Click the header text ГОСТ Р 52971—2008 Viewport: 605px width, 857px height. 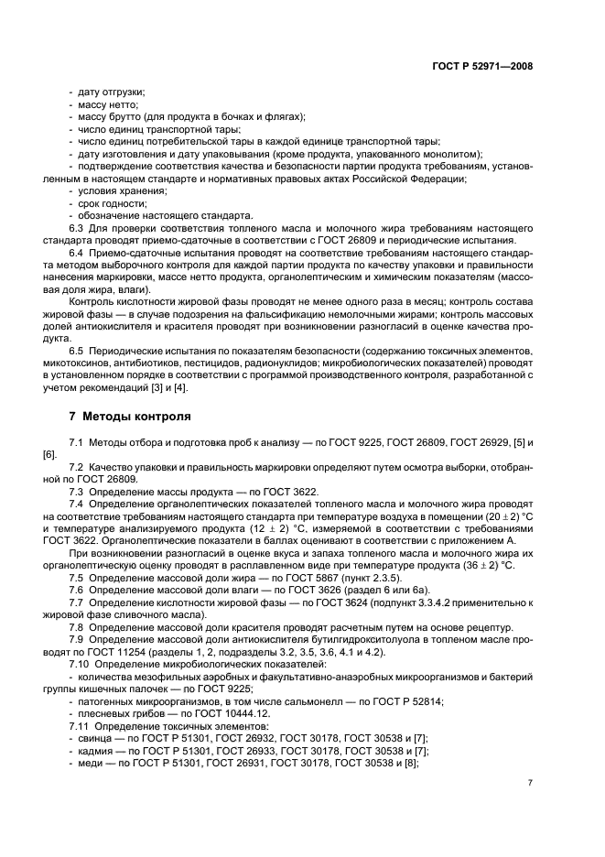[482, 66]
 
